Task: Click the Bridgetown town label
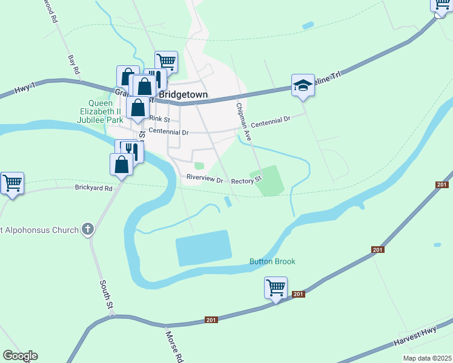pos(182,95)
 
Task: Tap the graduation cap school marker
pos(303,86)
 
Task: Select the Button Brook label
pos(273,261)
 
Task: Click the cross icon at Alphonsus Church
pos(88,229)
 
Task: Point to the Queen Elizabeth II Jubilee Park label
pos(101,111)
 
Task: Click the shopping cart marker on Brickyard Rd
pos(12,183)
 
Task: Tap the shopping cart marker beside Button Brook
pos(276,287)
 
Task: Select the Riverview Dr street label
pos(205,180)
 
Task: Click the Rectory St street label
pos(246,180)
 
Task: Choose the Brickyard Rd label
pos(94,188)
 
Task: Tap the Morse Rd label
pos(174,345)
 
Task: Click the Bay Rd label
pos(74,65)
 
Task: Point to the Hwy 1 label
pos(22,90)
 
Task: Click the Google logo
pos(20,356)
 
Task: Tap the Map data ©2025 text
pos(427,358)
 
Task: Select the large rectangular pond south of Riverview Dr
pos(203,247)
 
